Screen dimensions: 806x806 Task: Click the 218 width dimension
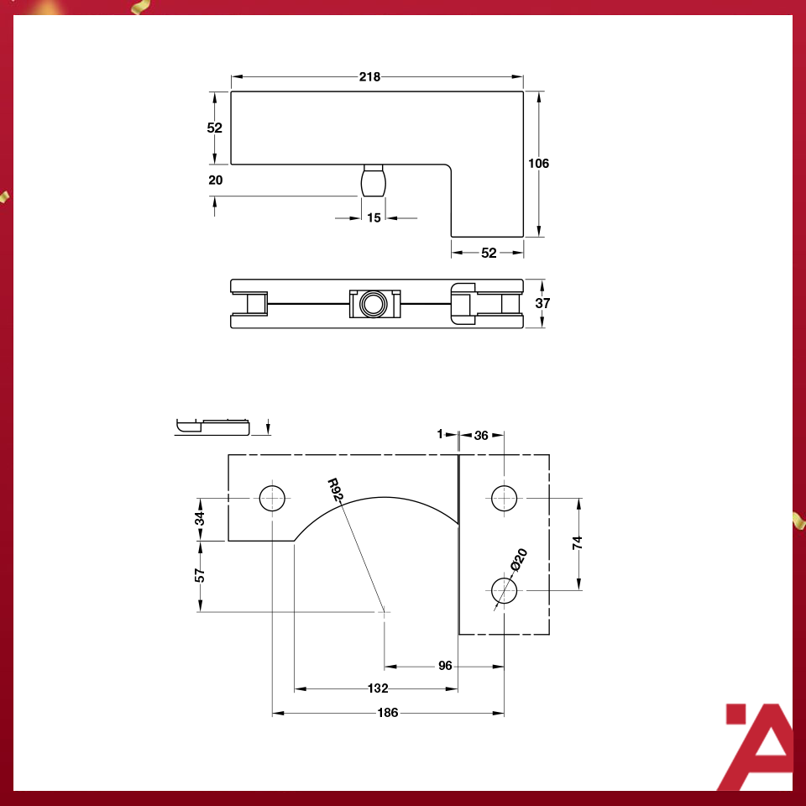click(369, 76)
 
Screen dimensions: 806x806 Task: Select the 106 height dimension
click(538, 163)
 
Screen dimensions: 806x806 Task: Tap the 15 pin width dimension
click(374, 217)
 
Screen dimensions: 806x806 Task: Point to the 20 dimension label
click(215, 180)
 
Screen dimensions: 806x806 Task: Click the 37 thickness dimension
click(542, 303)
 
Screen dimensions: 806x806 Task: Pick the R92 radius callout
click(335, 489)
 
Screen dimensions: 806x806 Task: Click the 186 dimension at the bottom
click(388, 713)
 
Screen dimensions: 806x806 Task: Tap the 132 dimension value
click(378, 688)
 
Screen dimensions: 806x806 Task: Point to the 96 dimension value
click(445, 665)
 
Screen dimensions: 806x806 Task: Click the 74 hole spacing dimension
click(577, 543)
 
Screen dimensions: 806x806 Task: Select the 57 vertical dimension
click(200, 575)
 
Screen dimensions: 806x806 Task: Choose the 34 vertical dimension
click(200, 519)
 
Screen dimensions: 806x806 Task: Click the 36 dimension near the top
click(481, 435)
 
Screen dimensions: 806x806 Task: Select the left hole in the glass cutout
click(273, 498)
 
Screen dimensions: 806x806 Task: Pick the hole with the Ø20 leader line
click(504, 589)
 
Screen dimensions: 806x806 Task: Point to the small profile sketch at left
click(213, 426)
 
